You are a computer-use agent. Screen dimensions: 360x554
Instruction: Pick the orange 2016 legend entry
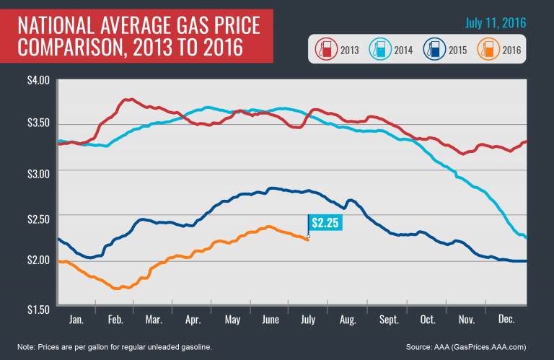click(x=493, y=52)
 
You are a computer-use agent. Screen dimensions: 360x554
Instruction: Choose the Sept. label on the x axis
click(x=390, y=317)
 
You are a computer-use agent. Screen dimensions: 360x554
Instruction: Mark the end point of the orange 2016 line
click(x=309, y=239)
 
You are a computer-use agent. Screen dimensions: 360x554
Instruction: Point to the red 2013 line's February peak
click(x=128, y=100)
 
